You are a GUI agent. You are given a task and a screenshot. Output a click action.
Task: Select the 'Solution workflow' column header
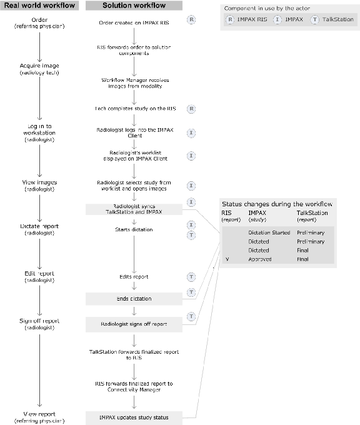tap(134, 6)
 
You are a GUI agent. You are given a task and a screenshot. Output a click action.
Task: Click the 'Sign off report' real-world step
tap(39, 324)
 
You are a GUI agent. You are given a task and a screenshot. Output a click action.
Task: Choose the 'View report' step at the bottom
tap(39, 417)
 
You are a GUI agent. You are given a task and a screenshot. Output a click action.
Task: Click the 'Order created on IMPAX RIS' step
tap(134, 22)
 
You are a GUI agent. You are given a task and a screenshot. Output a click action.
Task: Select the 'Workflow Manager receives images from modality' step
tap(134, 83)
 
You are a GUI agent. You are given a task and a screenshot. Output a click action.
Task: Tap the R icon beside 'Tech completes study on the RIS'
tap(192, 108)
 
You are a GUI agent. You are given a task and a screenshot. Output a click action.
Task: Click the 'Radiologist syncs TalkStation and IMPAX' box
tap(134, 209)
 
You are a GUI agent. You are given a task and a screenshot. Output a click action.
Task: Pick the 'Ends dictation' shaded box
tap(134, 299)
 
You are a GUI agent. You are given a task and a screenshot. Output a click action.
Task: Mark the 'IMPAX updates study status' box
tap(134, 417)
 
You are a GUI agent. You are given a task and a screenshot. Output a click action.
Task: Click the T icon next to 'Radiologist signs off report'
tap(192, 317)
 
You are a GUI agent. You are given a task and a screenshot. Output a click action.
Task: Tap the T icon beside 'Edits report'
tap(192, 276)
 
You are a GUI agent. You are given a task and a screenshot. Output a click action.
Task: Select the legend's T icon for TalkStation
tap(314, 19)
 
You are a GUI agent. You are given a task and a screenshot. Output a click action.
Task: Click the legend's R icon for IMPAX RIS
tap(231, 19)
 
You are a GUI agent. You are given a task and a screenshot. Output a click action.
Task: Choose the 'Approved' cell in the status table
tap(259, 259)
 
